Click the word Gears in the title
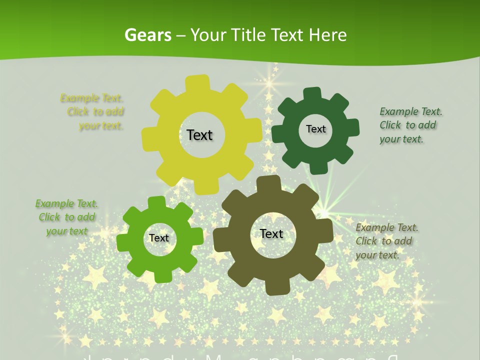tap(147, 35)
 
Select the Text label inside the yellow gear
tap(199, 135)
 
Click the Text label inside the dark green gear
tap(315, 129)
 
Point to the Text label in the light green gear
tap(159, 238)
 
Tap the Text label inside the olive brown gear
tap(271, 233)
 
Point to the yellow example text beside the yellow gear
tap(95, 112)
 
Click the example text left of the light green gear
tap(66, 217)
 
